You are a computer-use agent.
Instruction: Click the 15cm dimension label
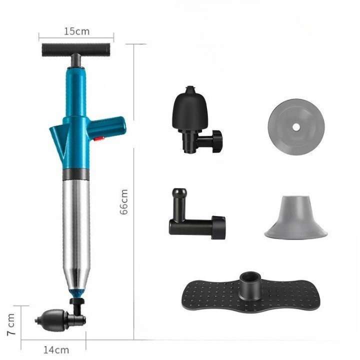pos(76,31)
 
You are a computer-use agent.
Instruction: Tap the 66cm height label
pos(124,201)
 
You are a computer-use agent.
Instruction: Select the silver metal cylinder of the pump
pos(76,225)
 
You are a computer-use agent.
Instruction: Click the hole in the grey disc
pos(296,127)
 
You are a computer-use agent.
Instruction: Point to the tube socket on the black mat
pos(249,282)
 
